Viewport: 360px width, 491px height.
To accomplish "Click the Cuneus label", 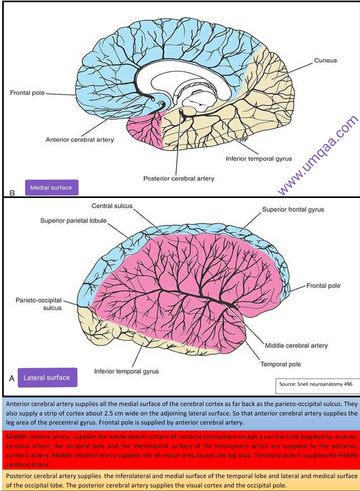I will (325, 60).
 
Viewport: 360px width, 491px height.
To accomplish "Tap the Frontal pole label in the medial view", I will (27, 93).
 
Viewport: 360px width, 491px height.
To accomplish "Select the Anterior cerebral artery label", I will (80, 140).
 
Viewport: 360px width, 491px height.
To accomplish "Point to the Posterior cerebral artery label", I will (178, 178).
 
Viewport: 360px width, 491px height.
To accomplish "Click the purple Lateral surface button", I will (47, 377).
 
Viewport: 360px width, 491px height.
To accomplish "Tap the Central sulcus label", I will (112, 206).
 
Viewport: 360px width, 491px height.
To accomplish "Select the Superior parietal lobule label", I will (73, 221).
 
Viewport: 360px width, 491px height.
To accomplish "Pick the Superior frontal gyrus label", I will (293, 210).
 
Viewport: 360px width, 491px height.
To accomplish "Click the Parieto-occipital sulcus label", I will (39, 304).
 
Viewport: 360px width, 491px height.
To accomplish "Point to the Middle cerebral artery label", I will (296, 346).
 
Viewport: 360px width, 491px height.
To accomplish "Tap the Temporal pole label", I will (280, 364).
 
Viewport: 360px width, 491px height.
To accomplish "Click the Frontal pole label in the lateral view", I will (323, 286).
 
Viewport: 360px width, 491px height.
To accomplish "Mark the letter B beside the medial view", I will (12, 193).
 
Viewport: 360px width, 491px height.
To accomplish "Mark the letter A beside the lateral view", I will (12, 378).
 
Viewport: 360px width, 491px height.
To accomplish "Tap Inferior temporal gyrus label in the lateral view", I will (127, 371).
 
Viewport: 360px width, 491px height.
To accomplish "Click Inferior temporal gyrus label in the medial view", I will (259, 159).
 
